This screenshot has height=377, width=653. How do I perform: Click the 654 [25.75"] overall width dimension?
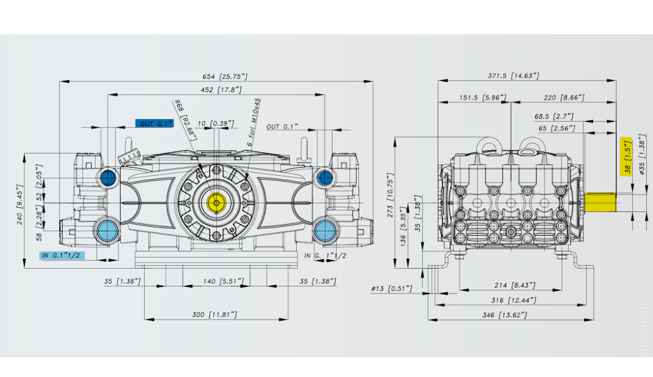pos(225,77)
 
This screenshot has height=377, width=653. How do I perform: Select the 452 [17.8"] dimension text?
pos(221,90)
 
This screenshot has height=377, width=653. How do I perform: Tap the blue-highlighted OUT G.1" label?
pos(154,124)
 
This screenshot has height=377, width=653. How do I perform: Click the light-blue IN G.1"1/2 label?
pos(63,255)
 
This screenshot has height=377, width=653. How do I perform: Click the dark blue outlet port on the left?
pos(108,178)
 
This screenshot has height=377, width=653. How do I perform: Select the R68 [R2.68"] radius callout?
pos(184,120)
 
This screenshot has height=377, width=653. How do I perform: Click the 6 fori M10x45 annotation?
pos(253,122)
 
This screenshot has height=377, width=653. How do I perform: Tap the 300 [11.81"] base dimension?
pos(215,314)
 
